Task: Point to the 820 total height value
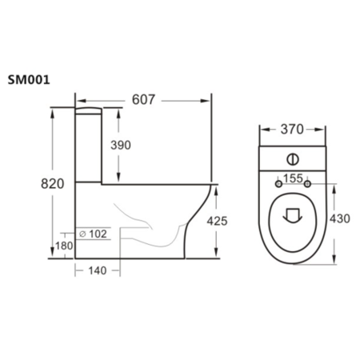52,183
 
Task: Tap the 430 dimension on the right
341,217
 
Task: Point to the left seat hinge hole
278,185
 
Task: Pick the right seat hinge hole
307,185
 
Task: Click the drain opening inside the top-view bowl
292,214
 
